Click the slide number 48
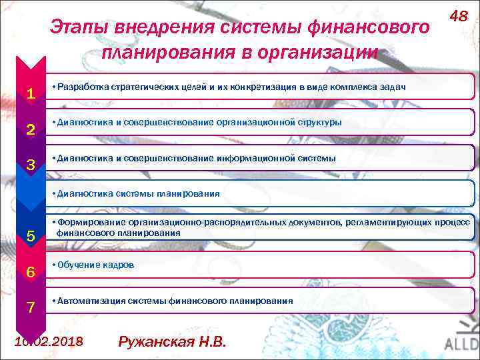458,15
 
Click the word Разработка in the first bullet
84,87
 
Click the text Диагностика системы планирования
138,194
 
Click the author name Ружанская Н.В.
172,343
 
